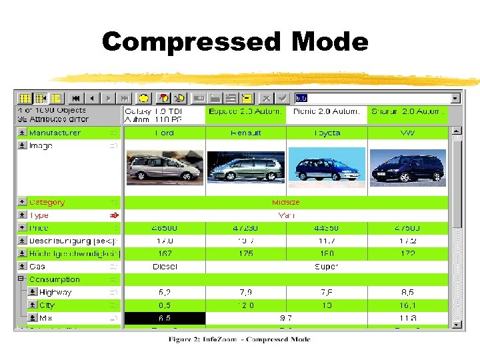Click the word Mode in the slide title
(329, 41)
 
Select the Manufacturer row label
(55, 133)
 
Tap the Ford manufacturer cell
(165, 133)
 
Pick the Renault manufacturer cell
(246, 133)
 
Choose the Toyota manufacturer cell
(327, 133)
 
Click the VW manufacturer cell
(407, 133)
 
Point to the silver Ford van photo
(164, 167)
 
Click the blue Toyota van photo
(327, 167)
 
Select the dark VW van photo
(407, 167)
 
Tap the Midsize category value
(286, 202)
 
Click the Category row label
(47, 202)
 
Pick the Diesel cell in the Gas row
(165, 266)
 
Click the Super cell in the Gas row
(327, 266)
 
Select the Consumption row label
(54, 279)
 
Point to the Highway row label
(55, 292)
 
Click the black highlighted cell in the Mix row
(165, 319)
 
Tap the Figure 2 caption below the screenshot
(239, 339)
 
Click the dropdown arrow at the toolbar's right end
(455, 98)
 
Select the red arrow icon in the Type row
(114, 215)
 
